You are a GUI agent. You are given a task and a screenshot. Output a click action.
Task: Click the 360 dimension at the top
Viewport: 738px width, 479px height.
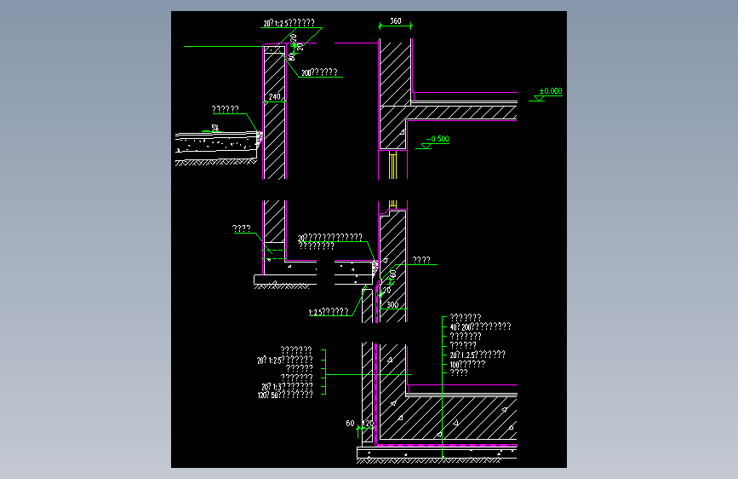point(395,20)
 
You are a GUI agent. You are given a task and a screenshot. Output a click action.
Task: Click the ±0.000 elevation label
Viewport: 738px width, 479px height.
point(551,89)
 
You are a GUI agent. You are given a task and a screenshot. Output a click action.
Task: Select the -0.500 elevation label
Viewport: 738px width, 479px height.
point(438,138)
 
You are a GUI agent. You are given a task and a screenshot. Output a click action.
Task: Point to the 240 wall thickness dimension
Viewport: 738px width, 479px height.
point(274,98)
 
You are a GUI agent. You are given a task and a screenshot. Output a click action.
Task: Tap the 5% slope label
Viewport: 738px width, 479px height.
point(215,128)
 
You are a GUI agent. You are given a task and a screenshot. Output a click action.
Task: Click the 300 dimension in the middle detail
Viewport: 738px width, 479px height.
point(392,303)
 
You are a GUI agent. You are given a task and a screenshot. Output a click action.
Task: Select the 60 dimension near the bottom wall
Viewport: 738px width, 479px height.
point(350,423)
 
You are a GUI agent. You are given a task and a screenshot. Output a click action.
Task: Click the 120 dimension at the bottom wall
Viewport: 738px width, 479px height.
point(369,423)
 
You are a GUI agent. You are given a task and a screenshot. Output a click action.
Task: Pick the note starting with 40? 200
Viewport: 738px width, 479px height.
point(480,326)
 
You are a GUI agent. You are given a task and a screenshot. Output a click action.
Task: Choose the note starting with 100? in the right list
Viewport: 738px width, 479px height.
point(467,364)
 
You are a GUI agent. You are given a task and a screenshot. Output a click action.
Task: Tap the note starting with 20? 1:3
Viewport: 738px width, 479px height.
point(285,387)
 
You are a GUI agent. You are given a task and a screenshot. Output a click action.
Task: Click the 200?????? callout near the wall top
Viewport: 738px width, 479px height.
point(318,73)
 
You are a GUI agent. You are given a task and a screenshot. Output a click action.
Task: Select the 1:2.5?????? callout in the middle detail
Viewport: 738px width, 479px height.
point(328,312)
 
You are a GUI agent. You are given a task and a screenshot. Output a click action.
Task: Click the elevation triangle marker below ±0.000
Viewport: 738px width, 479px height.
point(538,100)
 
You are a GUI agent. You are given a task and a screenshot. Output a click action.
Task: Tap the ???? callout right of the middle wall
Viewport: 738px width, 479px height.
point(420,260)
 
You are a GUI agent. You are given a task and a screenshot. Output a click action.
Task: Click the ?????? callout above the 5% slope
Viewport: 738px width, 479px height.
point(225,109)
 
